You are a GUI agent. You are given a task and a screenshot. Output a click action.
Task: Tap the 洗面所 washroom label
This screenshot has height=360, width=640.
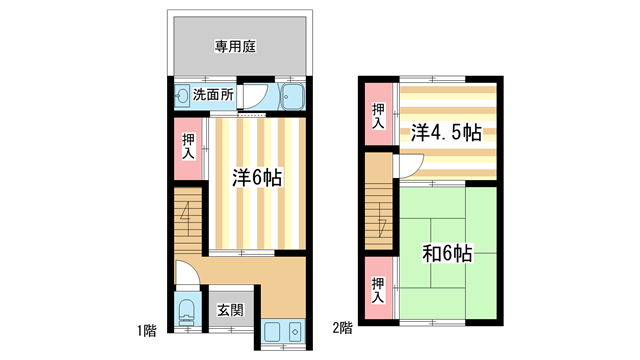(213, 96)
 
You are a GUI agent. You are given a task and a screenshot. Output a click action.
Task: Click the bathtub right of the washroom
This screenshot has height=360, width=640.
(293, 97)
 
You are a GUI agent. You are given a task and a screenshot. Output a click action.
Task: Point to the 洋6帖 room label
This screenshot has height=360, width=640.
(257, 177)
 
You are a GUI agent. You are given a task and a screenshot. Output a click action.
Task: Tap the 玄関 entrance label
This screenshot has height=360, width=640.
(230, 310)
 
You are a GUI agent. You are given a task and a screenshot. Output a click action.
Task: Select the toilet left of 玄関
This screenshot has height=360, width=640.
(185, 312)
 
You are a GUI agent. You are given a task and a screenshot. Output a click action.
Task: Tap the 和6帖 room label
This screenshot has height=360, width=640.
(448, 253)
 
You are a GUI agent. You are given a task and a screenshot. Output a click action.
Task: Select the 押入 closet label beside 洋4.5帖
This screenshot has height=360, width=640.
(378, 116)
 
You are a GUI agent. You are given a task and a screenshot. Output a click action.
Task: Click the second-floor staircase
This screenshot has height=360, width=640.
(378, 200)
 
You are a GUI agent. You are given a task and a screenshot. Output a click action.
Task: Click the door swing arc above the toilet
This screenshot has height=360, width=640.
(187, 272)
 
